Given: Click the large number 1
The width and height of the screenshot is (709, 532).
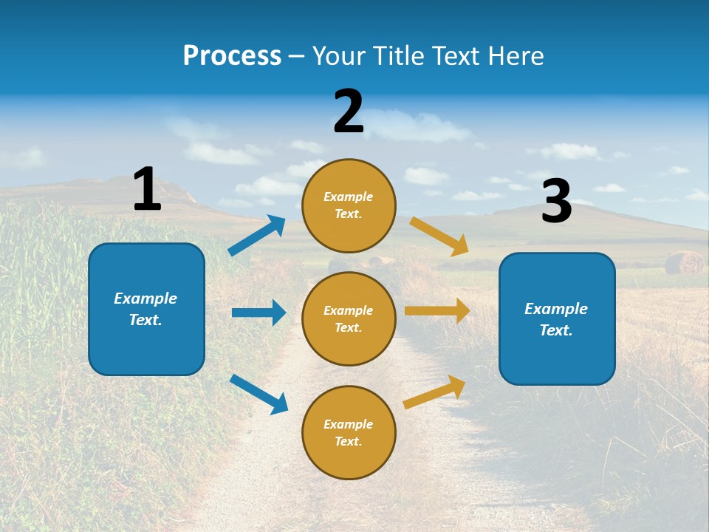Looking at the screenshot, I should point(147,189).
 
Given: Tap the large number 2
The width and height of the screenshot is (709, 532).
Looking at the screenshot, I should point(349,111).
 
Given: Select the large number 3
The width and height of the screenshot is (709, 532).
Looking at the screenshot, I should point(556,202).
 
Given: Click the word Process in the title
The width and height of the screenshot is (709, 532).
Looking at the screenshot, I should point(232,55).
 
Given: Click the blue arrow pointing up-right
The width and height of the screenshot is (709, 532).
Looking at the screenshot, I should point(257,236).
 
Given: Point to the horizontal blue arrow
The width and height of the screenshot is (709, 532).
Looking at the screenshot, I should point(258,313).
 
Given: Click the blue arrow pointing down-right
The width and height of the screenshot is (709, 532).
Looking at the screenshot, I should point(259,394).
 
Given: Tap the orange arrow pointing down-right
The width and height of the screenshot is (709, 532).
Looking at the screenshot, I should point(439,236).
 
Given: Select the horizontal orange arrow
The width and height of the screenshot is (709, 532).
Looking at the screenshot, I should point(437,311).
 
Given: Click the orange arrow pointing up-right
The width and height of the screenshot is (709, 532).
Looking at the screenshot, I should point(434,392).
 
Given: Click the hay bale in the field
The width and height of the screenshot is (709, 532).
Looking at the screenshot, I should point(683,263).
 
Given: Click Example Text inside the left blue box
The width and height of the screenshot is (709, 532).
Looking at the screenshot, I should point(145,309).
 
